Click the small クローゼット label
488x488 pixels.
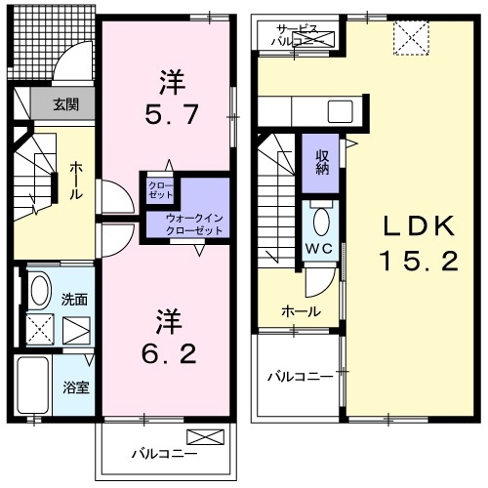159,189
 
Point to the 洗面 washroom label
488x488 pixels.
73,298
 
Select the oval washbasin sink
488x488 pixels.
39,290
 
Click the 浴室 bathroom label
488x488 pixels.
77,386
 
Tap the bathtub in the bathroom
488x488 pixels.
36,386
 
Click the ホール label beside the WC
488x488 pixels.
297,310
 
